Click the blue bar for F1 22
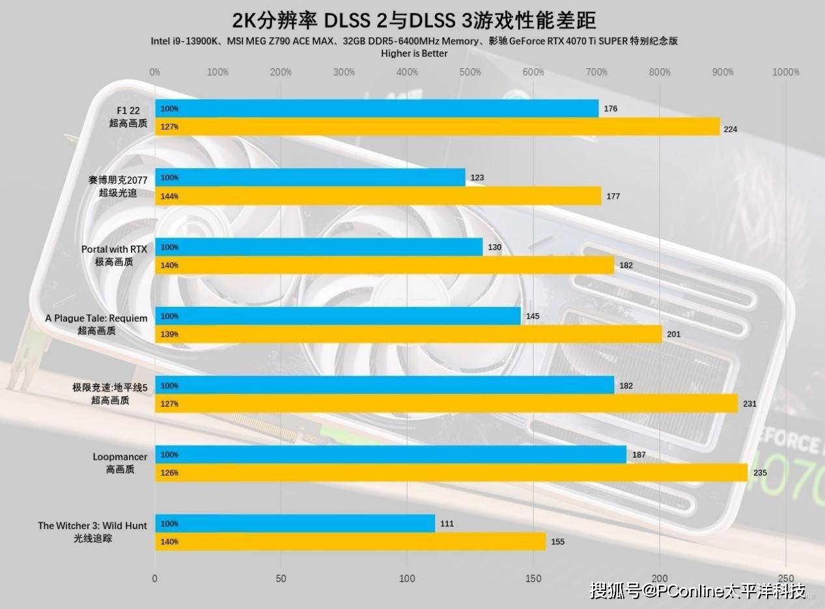[376, 109]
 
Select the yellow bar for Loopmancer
[451, 473]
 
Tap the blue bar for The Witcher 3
[294, 524]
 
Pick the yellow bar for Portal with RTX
[384, 265]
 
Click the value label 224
[731, 129]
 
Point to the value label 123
[477, 178]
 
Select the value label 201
[674, 335]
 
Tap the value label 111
[447, 524]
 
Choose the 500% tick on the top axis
[470, 72]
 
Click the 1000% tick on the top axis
[785, 72]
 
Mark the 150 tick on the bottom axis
[533, 578]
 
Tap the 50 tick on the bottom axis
[281, 578]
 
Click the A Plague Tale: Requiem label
[96, 319]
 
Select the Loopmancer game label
[120, 457]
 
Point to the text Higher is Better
[414, 53]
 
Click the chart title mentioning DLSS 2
[414, 20]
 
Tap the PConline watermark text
[697, 591]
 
